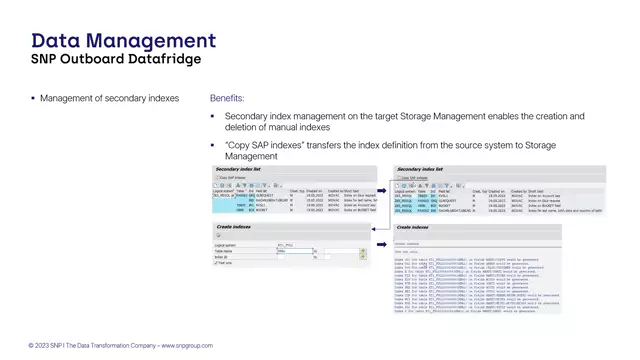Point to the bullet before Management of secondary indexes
tap(33, 99)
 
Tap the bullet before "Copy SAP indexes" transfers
tap(213, 146)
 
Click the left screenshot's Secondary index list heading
tap(239, 170)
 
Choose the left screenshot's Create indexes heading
tap(234, 229)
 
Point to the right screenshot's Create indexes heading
tap(415, 229)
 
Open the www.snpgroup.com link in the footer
tap(187, 345)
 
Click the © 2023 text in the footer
tap(39, 345)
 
